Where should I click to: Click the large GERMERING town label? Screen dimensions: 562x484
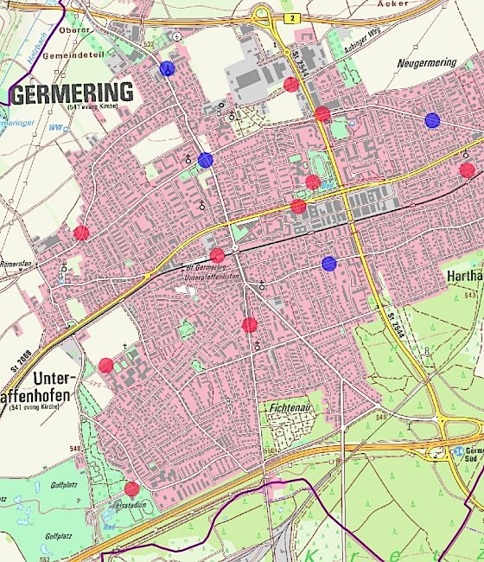coord(73,93)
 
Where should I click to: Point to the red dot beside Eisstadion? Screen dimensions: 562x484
coord(131,489)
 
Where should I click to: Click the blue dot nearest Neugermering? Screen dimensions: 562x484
coord(433,120)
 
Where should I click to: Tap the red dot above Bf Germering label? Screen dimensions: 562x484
coord(217,255)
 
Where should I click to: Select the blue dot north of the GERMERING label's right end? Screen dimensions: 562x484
coord(167,68)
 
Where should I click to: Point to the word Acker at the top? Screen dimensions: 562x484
coord(393,3)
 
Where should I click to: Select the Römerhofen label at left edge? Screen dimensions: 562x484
coord(15,264)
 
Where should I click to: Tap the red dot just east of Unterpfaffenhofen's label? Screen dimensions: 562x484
coord(105,365)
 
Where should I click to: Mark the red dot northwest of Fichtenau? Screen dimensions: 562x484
coord(250,325)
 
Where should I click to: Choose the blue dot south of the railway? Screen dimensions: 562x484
coord(328,263)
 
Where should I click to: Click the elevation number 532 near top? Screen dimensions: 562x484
coord(149,43)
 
